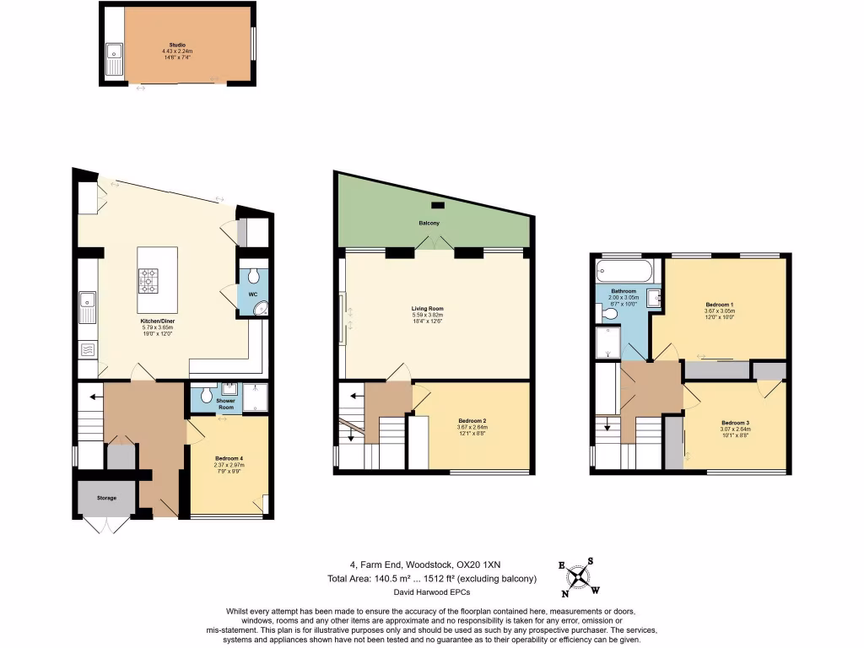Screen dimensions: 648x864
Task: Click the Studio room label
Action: coord(177,45)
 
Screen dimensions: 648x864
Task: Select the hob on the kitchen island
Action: coord(148,280)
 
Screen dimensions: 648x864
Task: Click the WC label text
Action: coord(252,294)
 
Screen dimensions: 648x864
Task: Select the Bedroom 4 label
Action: coord(229,459)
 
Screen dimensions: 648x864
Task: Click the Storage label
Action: coord(106,498)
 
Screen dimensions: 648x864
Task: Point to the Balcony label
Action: coord(429,223)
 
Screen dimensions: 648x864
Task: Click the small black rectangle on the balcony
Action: coord(436,205)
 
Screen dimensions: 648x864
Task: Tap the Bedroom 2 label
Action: coord(472,421)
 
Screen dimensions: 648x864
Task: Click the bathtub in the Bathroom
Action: coord(624,273)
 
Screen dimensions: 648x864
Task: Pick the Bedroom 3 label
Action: coord(735,423)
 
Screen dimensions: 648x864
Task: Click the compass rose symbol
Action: coord(577,578)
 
